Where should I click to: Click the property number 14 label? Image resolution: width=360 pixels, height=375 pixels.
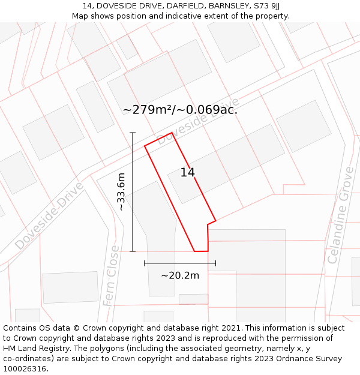coord(188,173)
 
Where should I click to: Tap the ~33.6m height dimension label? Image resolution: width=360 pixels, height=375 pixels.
coord(121,191)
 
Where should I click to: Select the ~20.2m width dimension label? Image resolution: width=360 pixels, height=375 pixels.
coord(180,275)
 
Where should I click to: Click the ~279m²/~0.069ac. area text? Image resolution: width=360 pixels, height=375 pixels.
coord(180,110)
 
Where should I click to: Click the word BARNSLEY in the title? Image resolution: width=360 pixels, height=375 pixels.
coord(227,6)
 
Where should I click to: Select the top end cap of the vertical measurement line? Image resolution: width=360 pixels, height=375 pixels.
coord(133,133)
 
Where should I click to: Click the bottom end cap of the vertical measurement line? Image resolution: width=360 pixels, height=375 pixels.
coord(133,251)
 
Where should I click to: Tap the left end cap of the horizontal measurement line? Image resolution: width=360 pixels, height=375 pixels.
coord(145,263)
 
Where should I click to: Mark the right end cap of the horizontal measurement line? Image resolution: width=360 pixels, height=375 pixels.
coord(215,263)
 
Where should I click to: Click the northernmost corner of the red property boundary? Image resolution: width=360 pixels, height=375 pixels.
coord(172,133)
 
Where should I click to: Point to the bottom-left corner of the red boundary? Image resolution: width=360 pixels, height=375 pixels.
coord(194,251)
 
